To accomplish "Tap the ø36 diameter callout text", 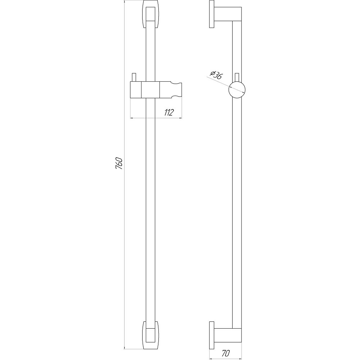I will pos(216,74).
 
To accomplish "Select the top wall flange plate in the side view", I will pos(212,16).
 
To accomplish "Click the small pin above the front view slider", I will pos(134,77).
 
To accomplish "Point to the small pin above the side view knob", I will pos(237,77).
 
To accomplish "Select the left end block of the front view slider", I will pos(135,90).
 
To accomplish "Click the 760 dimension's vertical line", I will pos(125,216).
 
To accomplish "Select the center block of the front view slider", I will pos(150,90).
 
